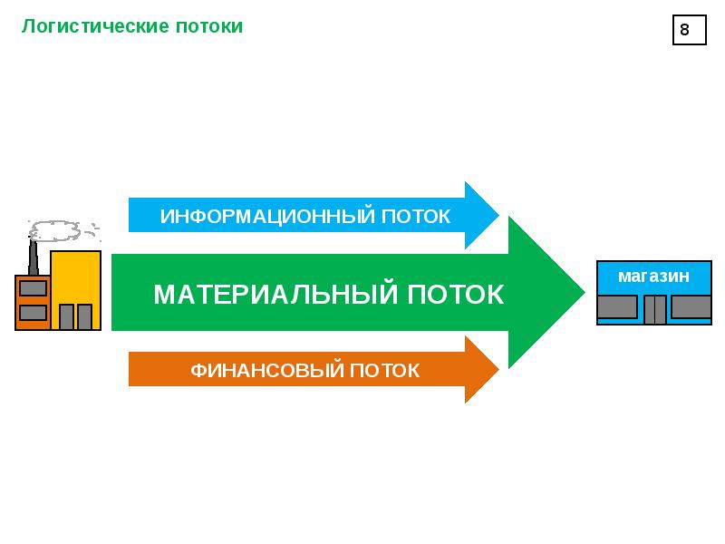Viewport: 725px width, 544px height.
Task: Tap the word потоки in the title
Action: tap(209, 27)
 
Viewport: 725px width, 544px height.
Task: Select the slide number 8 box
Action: tap(689, 30)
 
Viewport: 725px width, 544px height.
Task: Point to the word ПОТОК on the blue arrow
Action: tap(416, 217)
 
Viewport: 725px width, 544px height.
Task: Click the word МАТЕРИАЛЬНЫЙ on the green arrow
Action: tap(275, 293)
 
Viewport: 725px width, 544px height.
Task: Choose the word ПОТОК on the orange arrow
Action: tap(384, 371)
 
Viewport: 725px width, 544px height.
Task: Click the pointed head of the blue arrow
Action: tap(498, 215)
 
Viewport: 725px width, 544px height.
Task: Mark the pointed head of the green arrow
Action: tap(585, 292)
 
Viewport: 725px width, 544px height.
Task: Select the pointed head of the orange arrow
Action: tap(498, 370)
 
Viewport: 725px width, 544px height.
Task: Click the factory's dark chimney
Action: tap(33, 257)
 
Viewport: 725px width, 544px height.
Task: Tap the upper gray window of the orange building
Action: tap(33, 288)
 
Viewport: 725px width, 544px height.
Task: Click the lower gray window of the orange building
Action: tap(33, 312)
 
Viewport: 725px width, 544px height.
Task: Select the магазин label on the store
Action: tap(653, 277)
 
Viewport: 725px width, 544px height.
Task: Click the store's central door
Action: tap(654, 309)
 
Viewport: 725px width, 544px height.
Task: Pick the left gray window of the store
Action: tap(617, 306)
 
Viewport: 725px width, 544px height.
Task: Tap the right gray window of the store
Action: tap(691, 306)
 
